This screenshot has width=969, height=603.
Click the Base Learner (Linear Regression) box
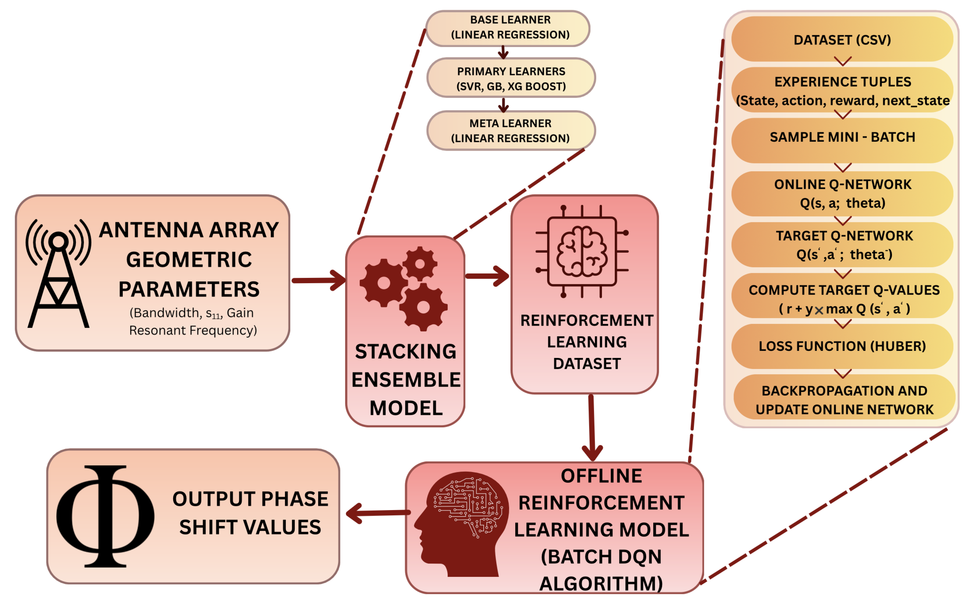pos(508,28)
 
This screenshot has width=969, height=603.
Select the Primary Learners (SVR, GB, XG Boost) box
pos(511,78)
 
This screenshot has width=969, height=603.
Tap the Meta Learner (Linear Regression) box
pos(511,130)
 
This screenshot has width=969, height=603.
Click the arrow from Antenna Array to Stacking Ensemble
pos(319,280)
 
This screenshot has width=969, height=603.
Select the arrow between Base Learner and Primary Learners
pos(503,52)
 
